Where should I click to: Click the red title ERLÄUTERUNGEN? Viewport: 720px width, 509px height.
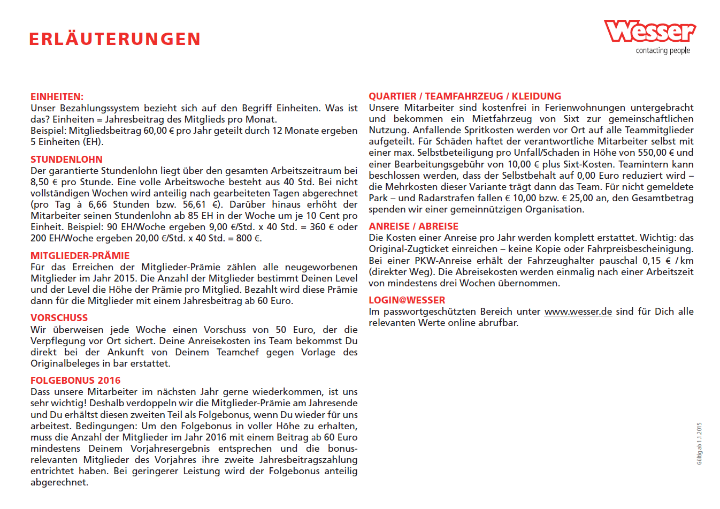[115, 39]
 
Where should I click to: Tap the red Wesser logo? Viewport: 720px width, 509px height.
[649, 32]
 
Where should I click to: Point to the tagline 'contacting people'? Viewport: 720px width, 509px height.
[663, 50]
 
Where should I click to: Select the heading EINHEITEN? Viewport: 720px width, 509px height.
[57, 97]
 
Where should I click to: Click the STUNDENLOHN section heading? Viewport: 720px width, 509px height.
[66, 159]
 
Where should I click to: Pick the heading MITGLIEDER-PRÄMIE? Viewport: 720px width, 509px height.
[80, 256]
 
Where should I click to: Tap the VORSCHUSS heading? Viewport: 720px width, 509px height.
[59, 318]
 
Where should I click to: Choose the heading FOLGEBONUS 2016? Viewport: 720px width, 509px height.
[75, 381]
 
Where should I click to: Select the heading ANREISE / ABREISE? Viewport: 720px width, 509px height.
[413, 226]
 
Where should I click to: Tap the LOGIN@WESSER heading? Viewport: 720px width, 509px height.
[407, 300]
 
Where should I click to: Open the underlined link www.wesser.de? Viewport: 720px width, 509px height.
[578, 312]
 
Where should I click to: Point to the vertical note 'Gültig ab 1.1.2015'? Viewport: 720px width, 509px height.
[699, 444]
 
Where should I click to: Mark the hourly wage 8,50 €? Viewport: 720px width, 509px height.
[44, 182]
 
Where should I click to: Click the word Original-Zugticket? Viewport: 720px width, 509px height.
[410, 249]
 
